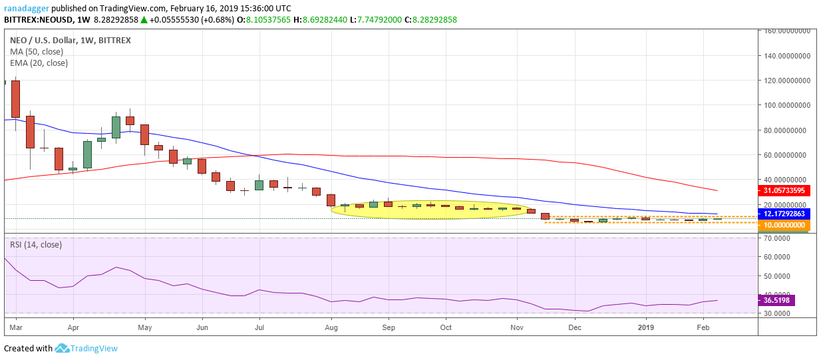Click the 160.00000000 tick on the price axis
pyautogui.click(x=788, y=31)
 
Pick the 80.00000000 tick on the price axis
pyautogui.click(x=788, y=130)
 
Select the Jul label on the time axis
pyautogui.click(x=259, y=327)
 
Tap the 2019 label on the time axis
pyautogui.click(x=646, y=327)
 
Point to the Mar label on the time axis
pyautogui.click(x=16, y=327)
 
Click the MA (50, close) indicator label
pyautogui.click(x=37, y=51)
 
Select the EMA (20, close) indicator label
pyautogui.click(x=39, y=63)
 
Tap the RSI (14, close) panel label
pyautogui.click(x=36, y=244)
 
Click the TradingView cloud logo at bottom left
pyautogui.click(x=63, y=348)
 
